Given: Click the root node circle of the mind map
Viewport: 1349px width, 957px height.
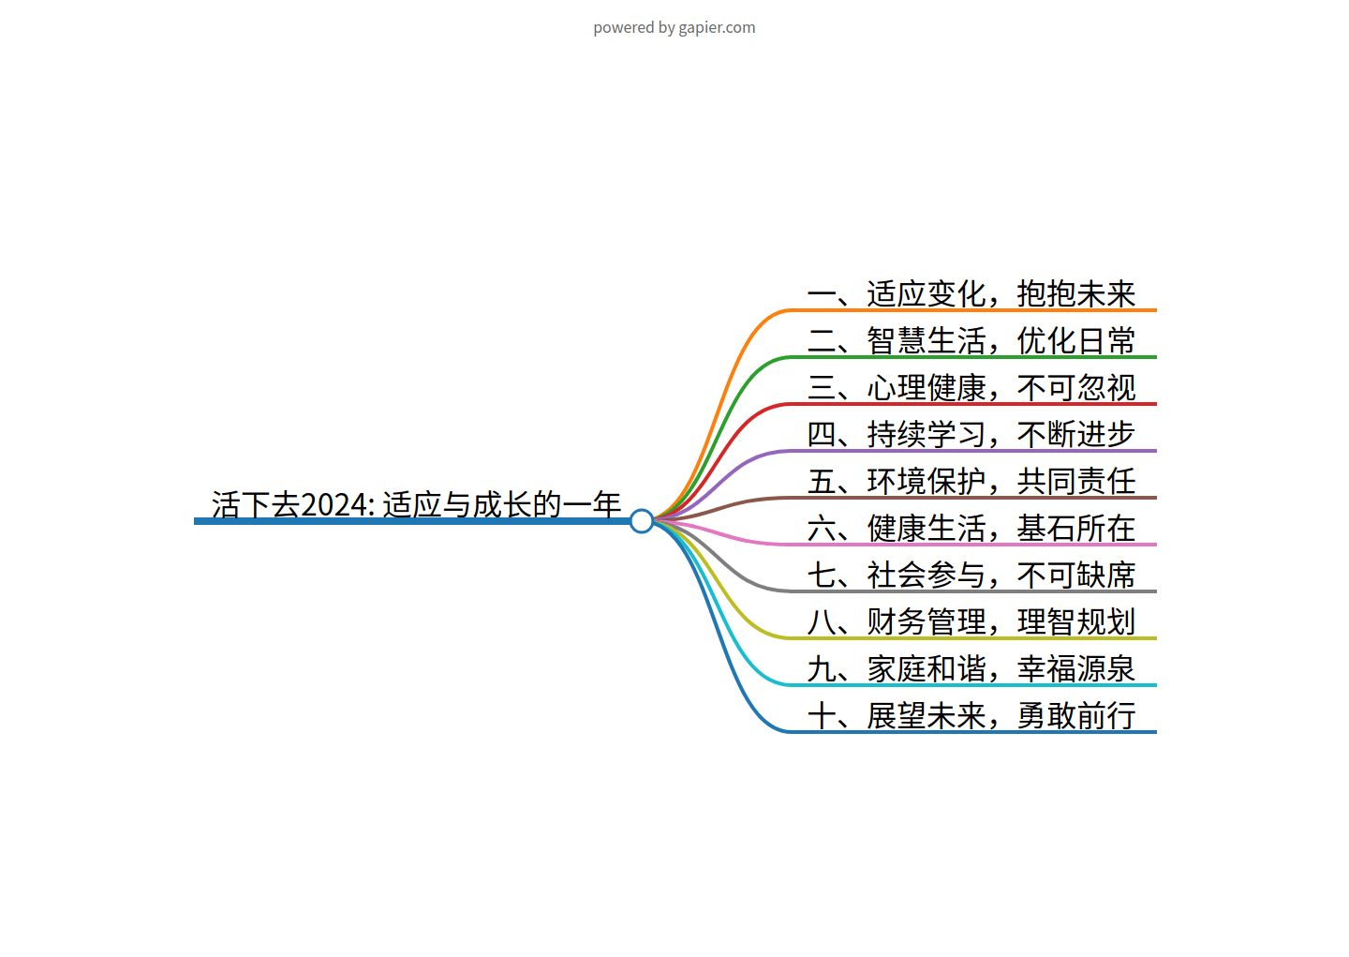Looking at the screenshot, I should (642, 521).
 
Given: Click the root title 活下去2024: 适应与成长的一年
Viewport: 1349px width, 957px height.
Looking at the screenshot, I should (416, 504).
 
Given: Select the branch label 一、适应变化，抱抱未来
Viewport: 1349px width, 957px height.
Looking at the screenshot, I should (971, 293).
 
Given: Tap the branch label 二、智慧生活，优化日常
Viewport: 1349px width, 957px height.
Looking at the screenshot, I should (971, 340).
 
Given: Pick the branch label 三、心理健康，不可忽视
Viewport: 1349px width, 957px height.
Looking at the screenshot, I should (971, 387).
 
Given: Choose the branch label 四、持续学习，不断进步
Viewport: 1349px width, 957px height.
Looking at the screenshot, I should (971, 434).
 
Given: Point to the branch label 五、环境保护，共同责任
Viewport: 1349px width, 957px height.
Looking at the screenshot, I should (971, 481).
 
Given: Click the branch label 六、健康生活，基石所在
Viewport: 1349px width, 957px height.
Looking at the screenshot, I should (971, 528).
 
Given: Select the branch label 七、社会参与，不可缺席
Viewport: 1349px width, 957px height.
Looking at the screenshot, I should (971, 575).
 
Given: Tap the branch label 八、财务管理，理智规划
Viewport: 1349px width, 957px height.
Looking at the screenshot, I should (971, 621).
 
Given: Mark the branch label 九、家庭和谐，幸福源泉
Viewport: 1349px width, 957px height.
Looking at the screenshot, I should (971, 668).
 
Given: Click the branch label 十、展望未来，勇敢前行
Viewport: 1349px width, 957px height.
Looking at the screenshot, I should (971, 715).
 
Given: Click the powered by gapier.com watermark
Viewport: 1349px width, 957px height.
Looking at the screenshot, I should (674, 27).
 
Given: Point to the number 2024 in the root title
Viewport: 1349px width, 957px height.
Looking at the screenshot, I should (337, 504).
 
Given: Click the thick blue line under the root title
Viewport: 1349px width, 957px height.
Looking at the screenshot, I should (412, 521).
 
